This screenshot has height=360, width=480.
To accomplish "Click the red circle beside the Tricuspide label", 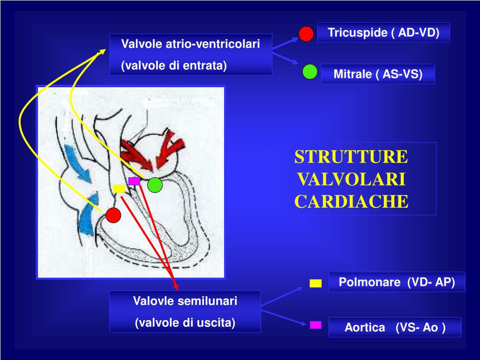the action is (x=306, y=34).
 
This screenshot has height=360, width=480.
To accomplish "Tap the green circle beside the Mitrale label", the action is (x=310, y=71).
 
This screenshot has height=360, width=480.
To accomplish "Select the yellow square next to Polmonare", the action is (x=315, y=283).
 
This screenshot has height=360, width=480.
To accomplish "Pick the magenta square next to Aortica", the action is (x=315, y=324).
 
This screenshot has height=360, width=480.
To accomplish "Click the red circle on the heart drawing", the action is (x=113, y=215).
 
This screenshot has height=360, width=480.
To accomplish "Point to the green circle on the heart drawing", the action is (x=155, y=186).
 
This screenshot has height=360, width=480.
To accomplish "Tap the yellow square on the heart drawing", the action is (x=119, y=188).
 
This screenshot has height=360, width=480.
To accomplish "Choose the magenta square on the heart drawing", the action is (x=134, y=181).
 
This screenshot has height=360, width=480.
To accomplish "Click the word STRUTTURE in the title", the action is (x=351, y=157).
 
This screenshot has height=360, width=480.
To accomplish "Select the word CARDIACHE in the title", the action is (x=351, y=202).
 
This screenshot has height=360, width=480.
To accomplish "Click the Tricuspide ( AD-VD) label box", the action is (x=383, y=33).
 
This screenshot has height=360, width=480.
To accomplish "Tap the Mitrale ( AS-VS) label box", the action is (x=378, y=74).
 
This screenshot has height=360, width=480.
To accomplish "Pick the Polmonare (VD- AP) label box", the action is (x=397, y=283).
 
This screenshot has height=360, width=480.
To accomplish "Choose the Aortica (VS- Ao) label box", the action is (x=395, y=328).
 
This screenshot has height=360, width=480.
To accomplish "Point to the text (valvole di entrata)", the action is (x=174, y=66).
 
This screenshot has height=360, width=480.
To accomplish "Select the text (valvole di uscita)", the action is (x=185, y=323).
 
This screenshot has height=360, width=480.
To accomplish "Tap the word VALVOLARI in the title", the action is (x=351, y=180).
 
